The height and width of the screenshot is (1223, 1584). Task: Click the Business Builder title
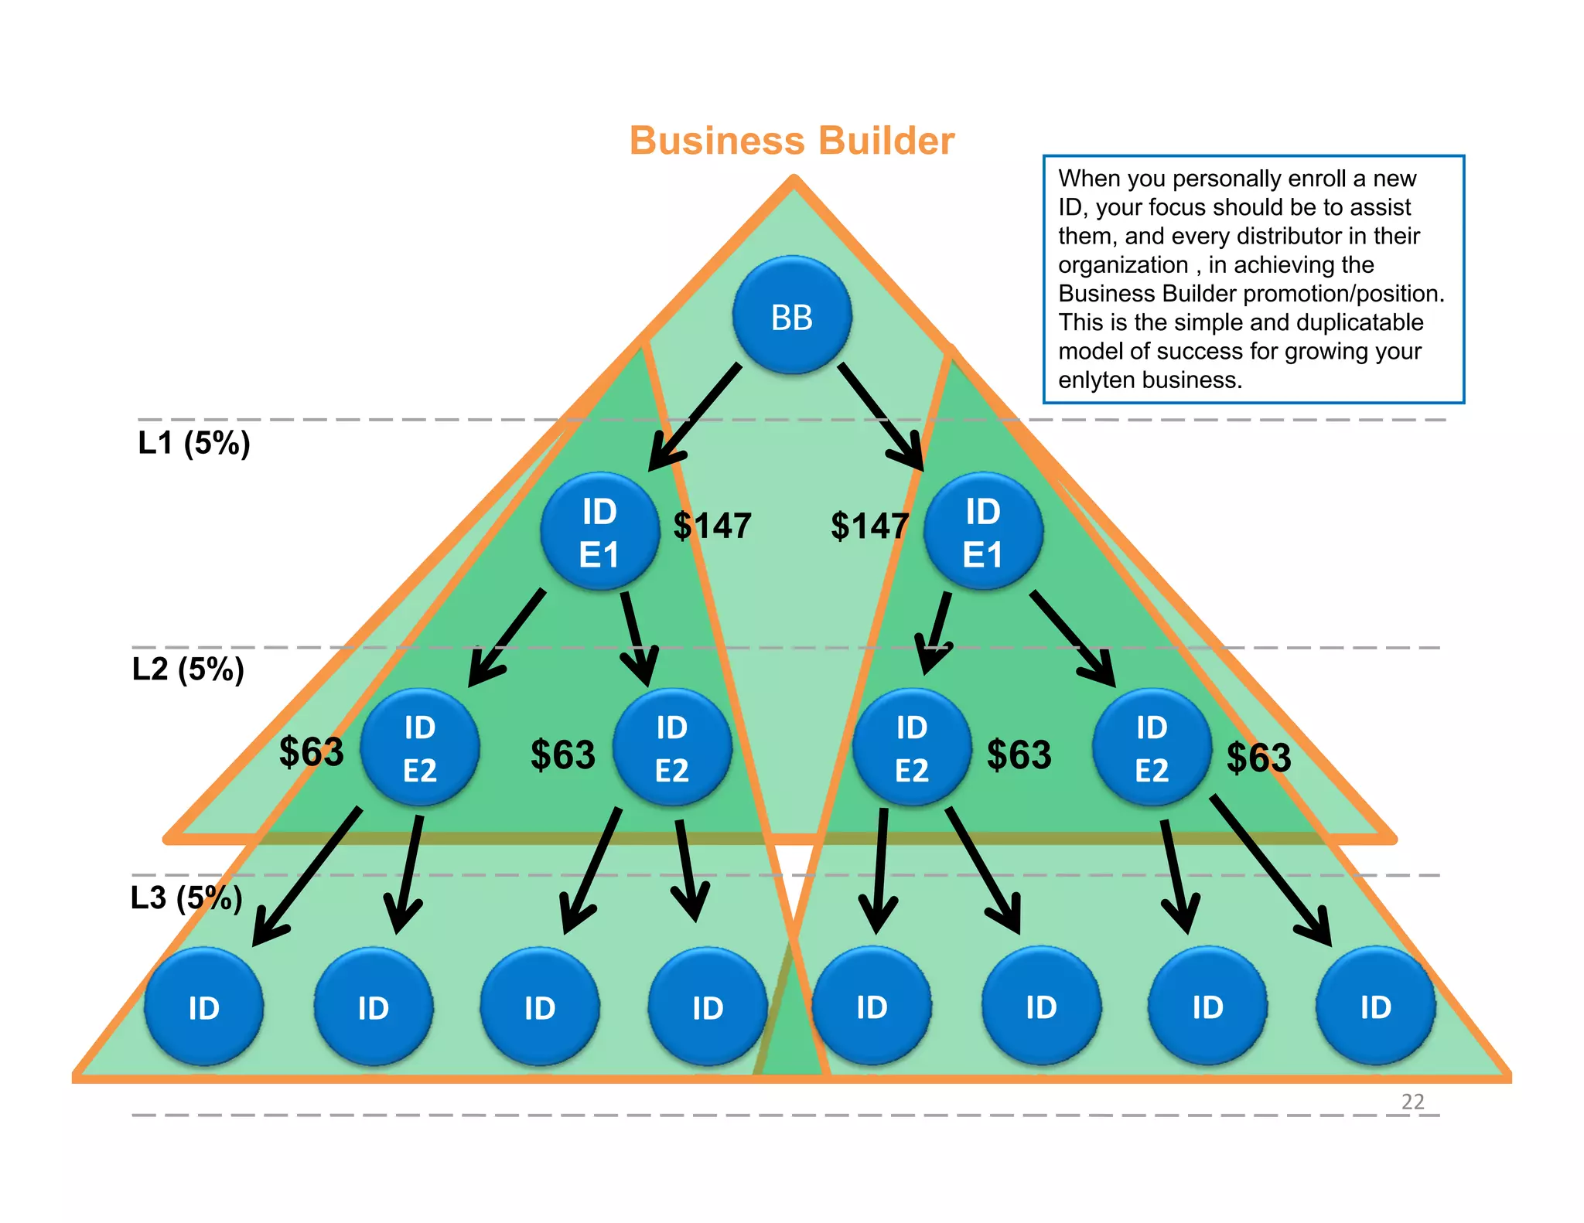(792, 141)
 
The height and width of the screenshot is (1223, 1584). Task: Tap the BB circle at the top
(792, 316)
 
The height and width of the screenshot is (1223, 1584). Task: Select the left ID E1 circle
(599, 532)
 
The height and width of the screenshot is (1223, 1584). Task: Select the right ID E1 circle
(983, 532)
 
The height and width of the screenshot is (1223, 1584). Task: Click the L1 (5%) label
(193, 443)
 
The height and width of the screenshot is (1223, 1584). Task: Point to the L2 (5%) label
(188, 669)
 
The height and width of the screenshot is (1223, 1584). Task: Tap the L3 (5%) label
(186, 898)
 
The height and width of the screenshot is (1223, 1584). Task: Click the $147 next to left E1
(712, 526)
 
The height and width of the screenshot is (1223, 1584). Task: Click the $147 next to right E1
(869, 526)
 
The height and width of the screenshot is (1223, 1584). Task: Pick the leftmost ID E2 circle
(420, 748)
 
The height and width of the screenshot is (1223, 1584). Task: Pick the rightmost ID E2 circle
(1152, 748)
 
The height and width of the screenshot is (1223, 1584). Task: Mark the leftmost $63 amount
(311, 751)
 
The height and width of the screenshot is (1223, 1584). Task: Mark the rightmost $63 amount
(1258, 758)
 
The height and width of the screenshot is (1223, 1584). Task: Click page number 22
(1412, 1102)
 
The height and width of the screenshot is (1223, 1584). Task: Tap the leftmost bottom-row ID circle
(204, 1007)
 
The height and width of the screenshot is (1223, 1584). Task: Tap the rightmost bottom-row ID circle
(1376, 1007)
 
